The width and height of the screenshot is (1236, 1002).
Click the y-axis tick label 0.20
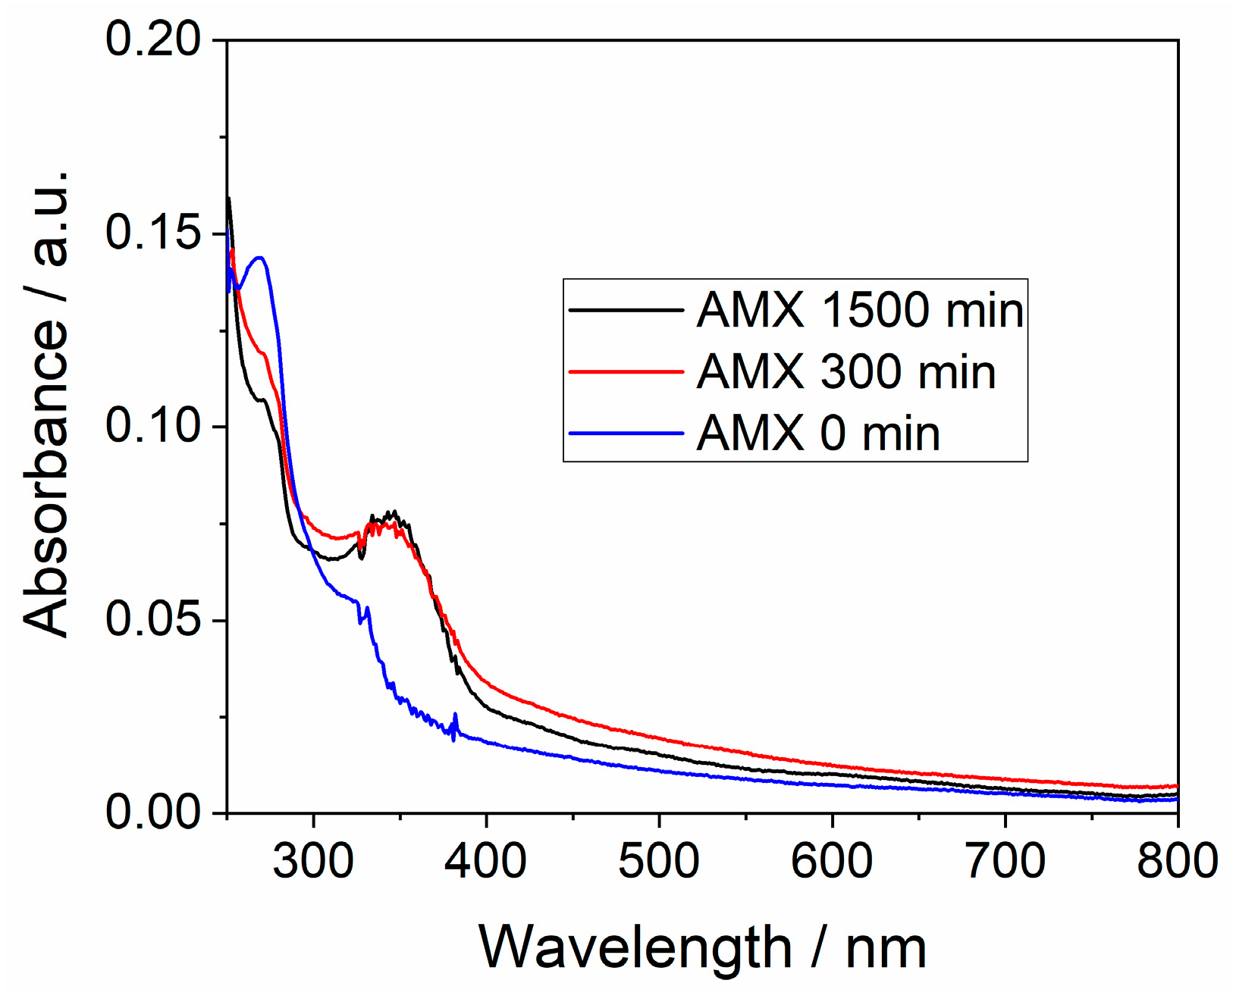coord(153,39)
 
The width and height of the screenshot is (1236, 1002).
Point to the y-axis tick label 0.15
coord(153,233)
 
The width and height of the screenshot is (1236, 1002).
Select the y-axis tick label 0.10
coord(153,426)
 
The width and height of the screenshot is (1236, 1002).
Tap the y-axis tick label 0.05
coord(153,619)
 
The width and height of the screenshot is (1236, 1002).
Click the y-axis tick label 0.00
coord(153,813)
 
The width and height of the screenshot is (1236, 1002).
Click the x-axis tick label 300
coord(313,862)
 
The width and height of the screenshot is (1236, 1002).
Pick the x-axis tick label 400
coord(486,862)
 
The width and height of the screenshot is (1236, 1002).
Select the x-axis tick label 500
coord(659,862)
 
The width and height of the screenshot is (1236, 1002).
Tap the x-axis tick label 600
coord(832,862)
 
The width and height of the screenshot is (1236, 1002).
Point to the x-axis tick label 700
coord(1005,862)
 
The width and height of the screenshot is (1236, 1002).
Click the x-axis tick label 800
coord(1177,862)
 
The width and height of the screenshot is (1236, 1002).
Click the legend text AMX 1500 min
coord(860,310)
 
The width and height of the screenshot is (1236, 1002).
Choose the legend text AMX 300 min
coord(846,372)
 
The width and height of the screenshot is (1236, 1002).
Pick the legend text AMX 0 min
coord(818,434)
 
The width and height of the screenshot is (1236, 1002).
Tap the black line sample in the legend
coord(626,310)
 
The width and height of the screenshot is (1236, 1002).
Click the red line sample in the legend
coord(626,372)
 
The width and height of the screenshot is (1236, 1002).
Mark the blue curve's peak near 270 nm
coord(260,258)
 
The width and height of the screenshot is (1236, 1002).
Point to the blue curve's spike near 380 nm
coord(455,715)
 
